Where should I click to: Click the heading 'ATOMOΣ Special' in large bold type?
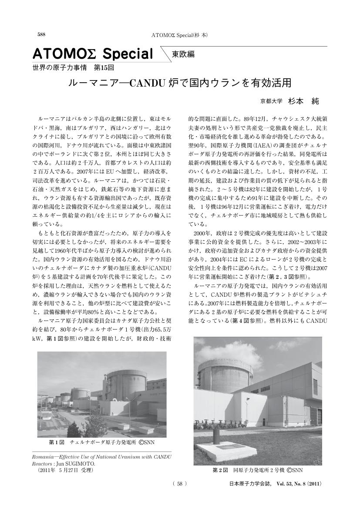tap(93, 54)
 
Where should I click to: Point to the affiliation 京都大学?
tap(271, 101)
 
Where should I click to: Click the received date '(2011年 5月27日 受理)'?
tap(66, 470)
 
